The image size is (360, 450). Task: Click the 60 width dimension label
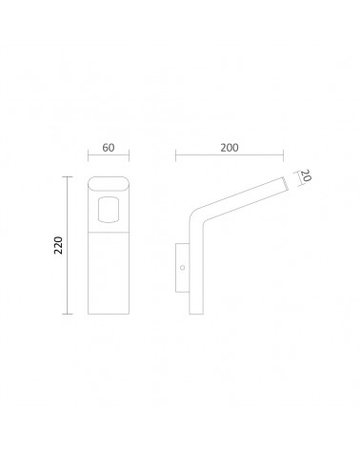click(x=109, y=148)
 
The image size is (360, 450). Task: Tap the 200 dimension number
click(x=230, y=148)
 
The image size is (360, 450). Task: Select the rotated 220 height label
click(x=58, y=245)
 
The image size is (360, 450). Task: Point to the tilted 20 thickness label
click(x=306, y=175)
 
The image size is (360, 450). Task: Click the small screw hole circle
click(x=183, y=268)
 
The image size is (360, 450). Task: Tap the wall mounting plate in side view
click(x=183, y=268)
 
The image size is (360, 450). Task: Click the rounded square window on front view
click(x=109, y=210)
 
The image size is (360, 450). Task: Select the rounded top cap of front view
click(x=109, y=184)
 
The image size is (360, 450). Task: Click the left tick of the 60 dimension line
click(x=89, y=155)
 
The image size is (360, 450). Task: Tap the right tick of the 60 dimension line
click(x=129, y=155)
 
